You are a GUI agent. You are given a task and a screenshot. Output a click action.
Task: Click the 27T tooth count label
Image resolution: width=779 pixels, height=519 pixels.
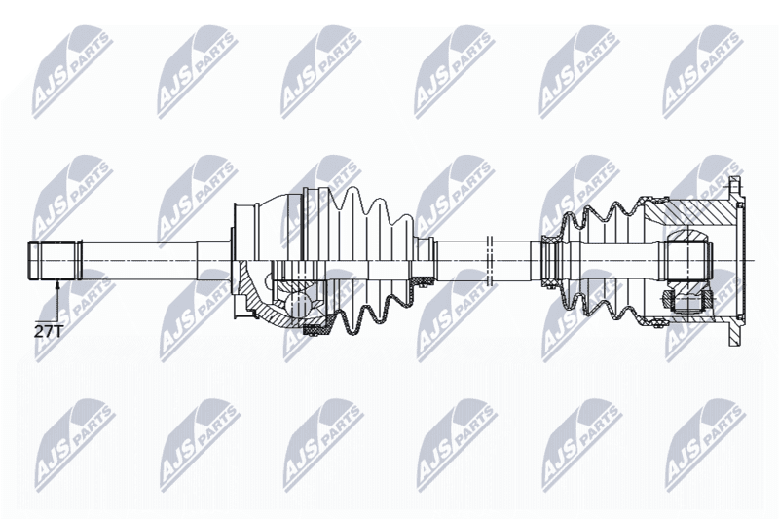48,332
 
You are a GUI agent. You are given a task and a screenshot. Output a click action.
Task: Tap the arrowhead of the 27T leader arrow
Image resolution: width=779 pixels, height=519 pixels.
57,284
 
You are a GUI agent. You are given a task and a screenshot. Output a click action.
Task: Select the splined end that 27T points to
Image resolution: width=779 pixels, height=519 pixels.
55,261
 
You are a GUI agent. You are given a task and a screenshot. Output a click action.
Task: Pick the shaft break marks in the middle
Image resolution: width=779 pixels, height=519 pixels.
490,261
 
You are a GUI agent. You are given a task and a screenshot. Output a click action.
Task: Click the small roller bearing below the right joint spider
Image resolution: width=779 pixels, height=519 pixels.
667,300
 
